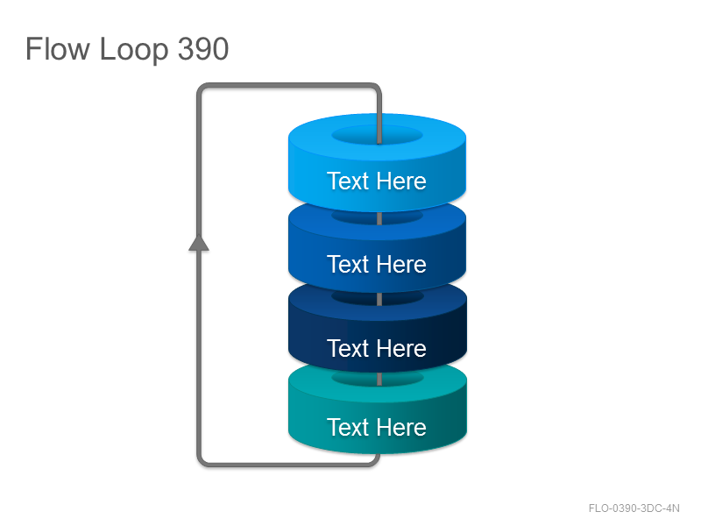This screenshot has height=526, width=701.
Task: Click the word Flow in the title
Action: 57,49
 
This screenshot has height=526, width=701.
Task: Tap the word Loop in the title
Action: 133,50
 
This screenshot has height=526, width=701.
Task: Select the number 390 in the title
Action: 203,49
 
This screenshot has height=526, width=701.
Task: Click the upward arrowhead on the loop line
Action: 199,243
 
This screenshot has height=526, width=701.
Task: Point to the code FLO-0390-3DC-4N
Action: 634,508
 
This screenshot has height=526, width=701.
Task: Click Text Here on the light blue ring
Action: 377,181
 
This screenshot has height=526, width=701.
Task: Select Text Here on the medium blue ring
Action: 377,264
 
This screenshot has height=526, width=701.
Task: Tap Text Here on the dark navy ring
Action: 377,348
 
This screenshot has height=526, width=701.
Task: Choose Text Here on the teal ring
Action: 377,427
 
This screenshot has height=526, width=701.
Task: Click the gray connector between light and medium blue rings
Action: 379,218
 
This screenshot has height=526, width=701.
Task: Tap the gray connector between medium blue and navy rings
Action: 379,299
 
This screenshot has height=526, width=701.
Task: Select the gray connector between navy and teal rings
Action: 379,380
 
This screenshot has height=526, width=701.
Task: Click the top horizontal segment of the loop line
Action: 289,85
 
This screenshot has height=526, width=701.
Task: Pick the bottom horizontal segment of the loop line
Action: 289,465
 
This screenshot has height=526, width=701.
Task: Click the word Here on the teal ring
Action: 401,427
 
